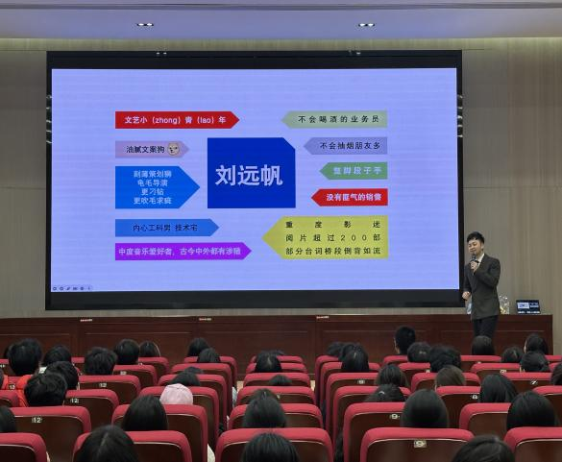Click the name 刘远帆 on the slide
click(x=251, y=173)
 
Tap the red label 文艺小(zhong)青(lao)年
click(x=176, y=120)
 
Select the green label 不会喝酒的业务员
click(x=335, y=120)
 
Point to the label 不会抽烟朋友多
click(x=347, y=146)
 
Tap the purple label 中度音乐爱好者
click(x=182, y=252)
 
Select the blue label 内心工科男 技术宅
click(x=165, y=228)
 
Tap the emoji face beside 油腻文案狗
click(x=174, y=149)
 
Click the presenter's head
click(x=475, y=240)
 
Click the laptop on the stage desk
click(x=527, y=306)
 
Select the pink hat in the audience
click(x=176, y=394)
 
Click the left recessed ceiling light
click(x=144, y=24)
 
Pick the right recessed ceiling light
click(x=366, y=24)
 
